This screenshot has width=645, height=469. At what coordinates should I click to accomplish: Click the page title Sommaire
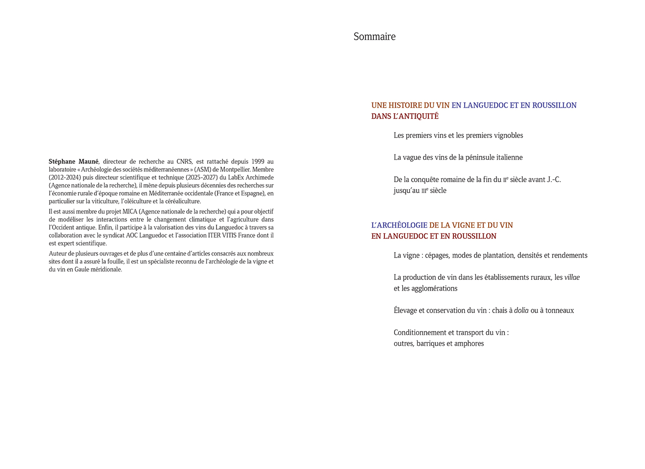pyautogui.click(x=374, y=37)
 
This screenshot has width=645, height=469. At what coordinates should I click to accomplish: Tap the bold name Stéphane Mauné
pyautogui.click(x=73, y=161)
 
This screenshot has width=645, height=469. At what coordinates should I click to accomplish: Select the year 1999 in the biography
pyautogui.click(x=258, y=161)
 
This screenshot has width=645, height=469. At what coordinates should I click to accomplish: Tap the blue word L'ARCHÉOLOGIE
pyautogui.click(x=399, y=225)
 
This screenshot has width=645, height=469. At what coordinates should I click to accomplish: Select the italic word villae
pyautogui.click(x=572, y=277)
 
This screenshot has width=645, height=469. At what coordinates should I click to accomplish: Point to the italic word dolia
pyautogui.click(x=521, y=311)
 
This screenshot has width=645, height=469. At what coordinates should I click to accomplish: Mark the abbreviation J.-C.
pyautogui.click(x=554, y=180)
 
